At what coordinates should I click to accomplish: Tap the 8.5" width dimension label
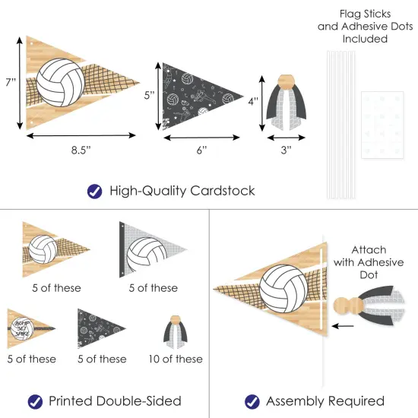(78, 150)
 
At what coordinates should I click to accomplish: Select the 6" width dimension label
(201, 150)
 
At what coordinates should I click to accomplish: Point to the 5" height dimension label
(150, 96)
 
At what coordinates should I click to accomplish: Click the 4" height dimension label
(254, 100)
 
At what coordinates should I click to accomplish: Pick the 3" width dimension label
(285, 150)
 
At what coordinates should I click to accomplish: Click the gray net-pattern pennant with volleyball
(152, 248)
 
